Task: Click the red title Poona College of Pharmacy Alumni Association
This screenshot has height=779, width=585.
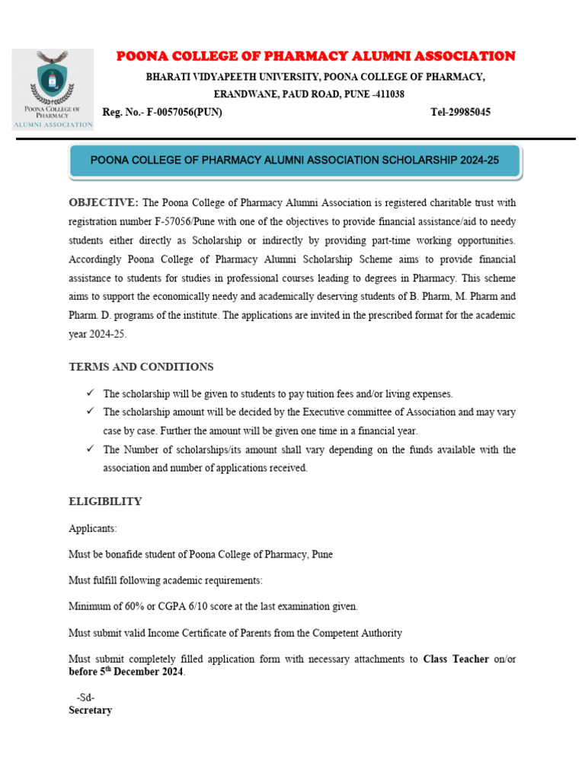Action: (x=315, y=56)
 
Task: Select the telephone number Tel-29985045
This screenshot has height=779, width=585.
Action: (x=460, y=113)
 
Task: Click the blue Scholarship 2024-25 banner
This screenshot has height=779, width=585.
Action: (x=295, y=161)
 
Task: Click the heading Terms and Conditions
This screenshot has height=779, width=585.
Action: (x=141, y=367)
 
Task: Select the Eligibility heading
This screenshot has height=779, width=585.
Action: (x=105, y=501)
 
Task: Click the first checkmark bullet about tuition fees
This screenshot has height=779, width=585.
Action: (x=90, y=393)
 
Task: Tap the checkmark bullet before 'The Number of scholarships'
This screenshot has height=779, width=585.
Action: (x=90, y=449)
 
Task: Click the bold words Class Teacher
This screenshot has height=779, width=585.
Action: (x=456, y=659)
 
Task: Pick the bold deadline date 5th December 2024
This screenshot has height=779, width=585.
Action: (x=126, y=672)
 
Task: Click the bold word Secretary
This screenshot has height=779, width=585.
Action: (x=90, y=711)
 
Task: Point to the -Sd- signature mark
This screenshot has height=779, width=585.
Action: (x=85, y=698)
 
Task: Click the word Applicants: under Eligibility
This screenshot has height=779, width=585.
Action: (x=93, y=528)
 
